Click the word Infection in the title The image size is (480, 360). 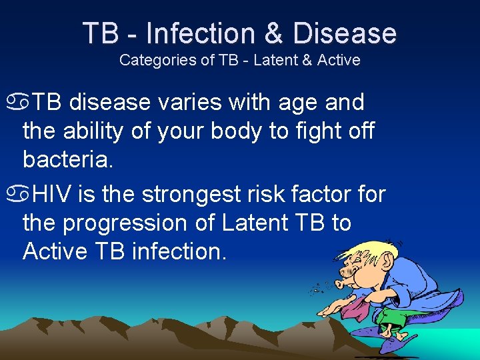(199, 33)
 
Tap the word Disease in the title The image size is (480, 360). (345, 33)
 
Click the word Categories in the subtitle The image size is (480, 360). (157, 60)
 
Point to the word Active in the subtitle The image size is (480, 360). (339, 60)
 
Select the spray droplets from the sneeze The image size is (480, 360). (321, 287)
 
